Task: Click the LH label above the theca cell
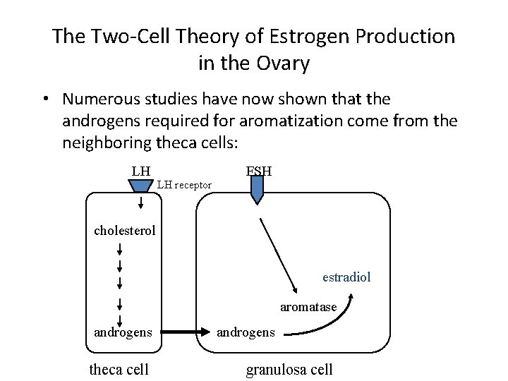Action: point(141,171)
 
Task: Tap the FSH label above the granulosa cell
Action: point(259,171)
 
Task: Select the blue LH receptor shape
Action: point(141,185)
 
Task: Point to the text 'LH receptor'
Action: point(184,185)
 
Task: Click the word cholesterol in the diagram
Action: point(125,231)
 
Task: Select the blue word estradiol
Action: point(346,277)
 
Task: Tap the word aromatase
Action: point(308,307)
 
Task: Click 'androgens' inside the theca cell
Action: point(123,331)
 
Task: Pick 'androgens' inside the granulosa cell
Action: point(246,332)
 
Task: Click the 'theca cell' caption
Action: point(119,369)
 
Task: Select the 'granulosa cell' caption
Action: point(289,369)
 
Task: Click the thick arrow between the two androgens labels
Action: point(186,331)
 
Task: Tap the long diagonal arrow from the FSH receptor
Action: point(279,254)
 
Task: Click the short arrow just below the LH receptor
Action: point(141,202)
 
